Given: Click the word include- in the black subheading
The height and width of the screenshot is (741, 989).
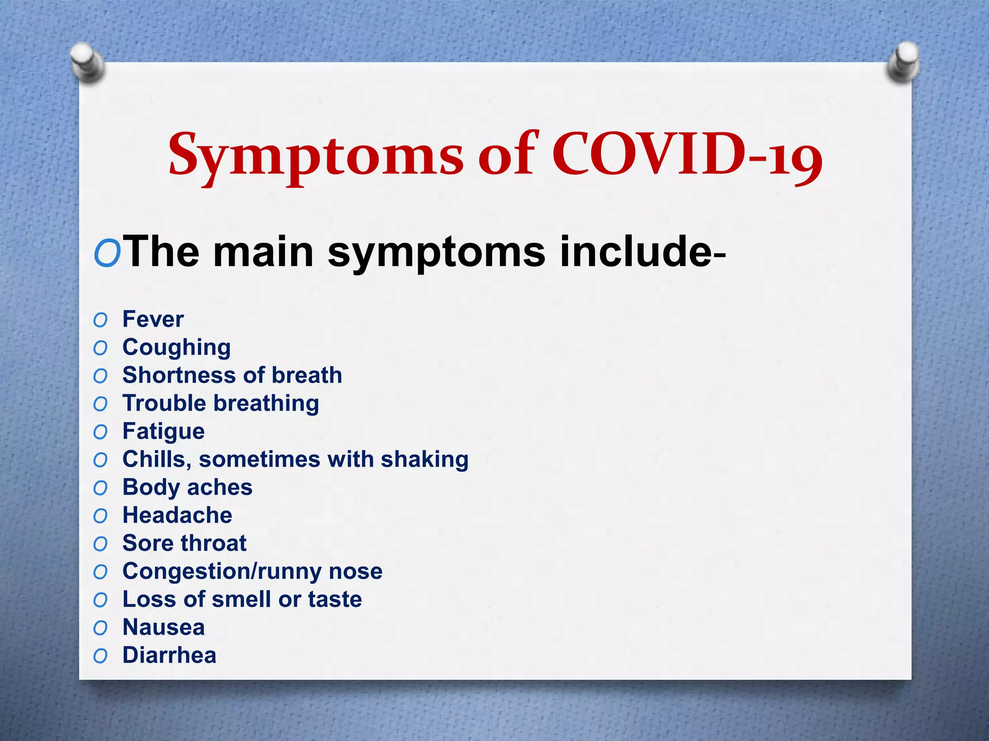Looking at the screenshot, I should point(643,252).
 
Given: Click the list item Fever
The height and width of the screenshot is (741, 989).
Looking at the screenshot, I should point(153,319).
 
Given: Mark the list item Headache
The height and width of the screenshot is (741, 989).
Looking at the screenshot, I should point(177,515).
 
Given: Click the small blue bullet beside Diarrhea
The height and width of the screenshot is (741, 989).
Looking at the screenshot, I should point(100,656).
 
